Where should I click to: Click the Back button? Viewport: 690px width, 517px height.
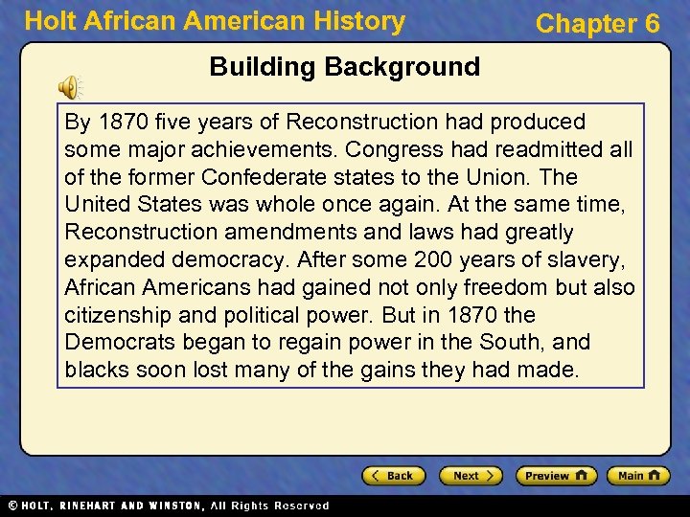tap(392, 476)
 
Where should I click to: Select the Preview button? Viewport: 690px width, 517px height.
tap(556, 476)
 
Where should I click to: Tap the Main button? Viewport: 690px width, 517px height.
tap(641, 476)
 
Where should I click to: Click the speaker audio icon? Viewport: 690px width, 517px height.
tap(69, 88)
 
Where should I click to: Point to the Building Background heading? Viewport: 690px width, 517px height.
tap(344, 67)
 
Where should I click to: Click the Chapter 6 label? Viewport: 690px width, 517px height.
tap(597, 24)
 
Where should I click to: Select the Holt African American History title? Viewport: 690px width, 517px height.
tap(215, 21)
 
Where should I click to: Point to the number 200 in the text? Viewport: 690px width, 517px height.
tap(433, 260)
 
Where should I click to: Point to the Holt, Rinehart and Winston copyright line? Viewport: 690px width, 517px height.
tap(168, 506)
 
